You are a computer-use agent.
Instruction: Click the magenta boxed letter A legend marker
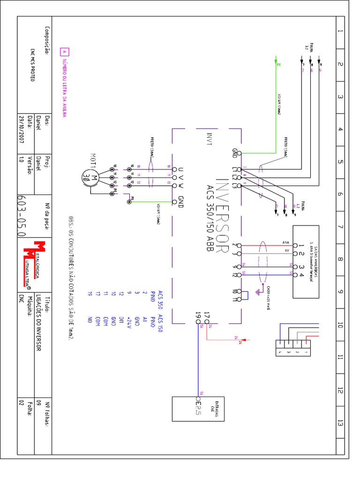tap(65, 52)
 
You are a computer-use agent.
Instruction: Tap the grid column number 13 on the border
tap(340, 423)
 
